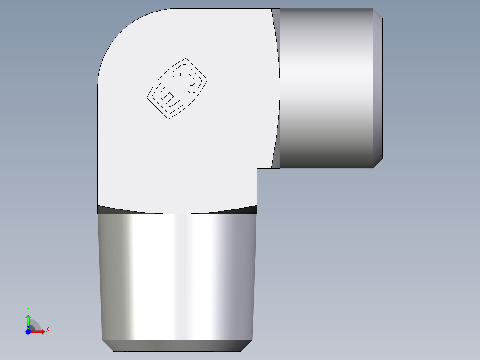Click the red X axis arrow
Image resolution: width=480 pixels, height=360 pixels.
tap(38, 331)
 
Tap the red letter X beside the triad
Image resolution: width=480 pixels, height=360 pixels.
tap(47, 330)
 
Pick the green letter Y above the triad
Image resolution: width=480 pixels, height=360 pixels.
tap(28, 309)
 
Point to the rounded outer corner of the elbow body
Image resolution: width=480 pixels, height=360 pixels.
tap(120, 31)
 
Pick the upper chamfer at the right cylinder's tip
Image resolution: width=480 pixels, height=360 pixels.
tap(378, 14)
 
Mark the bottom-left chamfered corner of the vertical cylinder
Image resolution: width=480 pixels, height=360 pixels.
tap(108, 345)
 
